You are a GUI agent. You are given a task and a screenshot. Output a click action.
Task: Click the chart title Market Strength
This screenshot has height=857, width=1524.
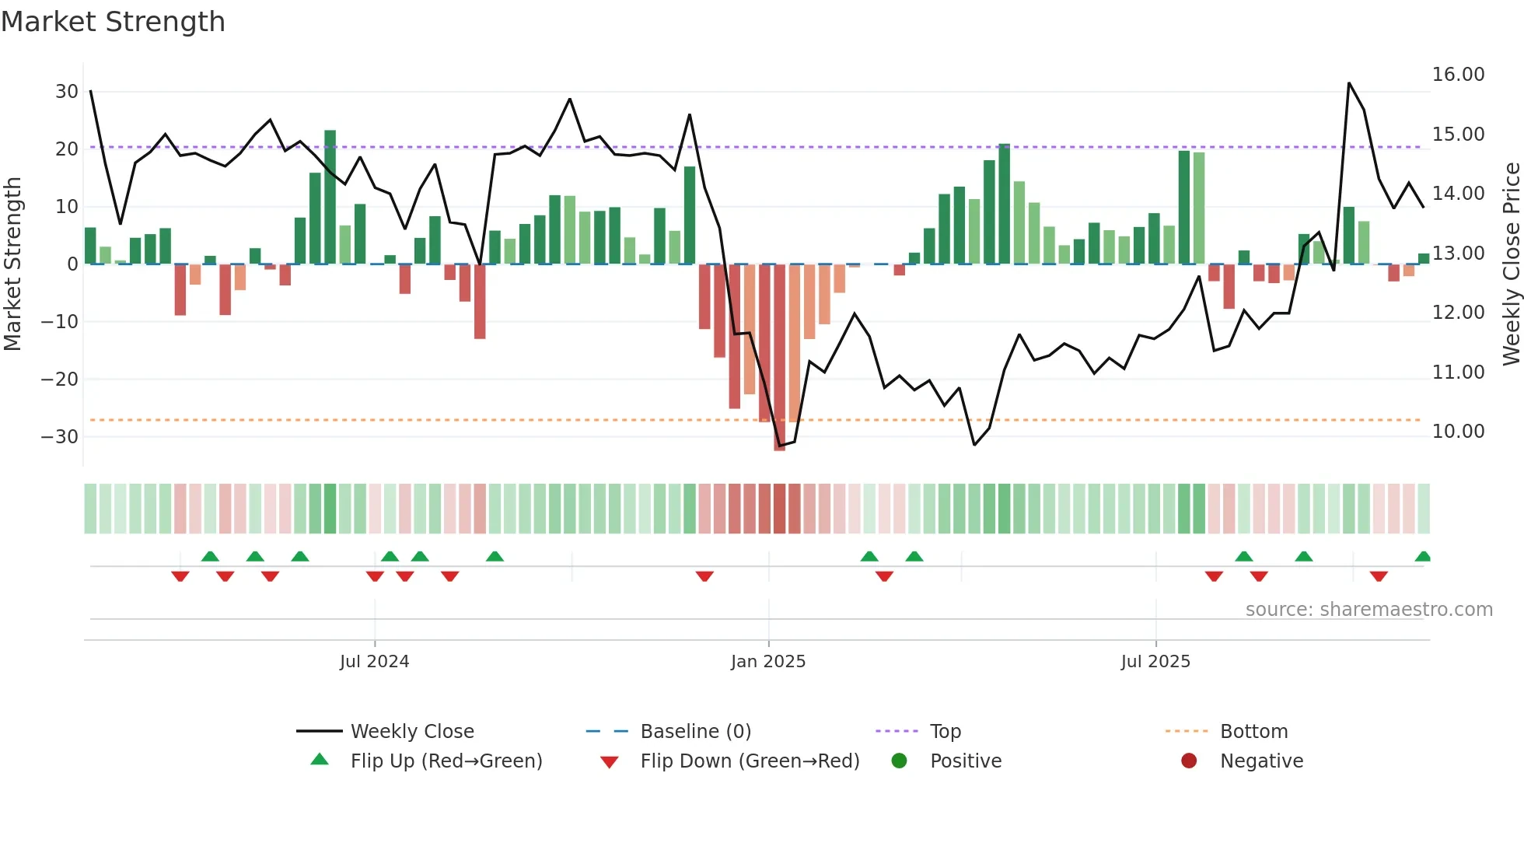pos(113,22)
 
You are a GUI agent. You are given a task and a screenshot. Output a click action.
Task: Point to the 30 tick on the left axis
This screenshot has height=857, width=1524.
pos(67,92)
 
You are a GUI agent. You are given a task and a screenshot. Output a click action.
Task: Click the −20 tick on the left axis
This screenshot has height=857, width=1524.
pos(60,380)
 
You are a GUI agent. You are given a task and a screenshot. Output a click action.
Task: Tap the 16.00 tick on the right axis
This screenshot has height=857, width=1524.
pos(1458,75)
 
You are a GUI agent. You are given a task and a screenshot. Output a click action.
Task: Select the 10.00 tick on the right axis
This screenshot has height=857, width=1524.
pos(1458,432)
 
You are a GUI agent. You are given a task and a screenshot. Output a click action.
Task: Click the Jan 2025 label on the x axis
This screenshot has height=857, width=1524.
pos(768,662)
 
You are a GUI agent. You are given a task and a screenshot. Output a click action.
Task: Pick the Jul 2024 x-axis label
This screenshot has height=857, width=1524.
pos(374,662)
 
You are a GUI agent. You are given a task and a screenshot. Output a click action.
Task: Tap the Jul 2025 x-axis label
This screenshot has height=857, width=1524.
pos(1155,662)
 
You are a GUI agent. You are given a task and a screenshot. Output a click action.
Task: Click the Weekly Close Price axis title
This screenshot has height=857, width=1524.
pos(1511,264)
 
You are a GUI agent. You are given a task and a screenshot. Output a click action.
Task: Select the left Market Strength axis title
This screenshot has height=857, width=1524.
pos(12,264)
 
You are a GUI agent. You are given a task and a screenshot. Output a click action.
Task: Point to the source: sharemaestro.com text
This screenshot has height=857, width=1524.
pos(1368,610)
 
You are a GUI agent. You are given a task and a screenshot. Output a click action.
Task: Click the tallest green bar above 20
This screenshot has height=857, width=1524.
pos(330,198)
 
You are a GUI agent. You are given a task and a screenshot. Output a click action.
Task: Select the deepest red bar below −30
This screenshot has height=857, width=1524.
pos(779,358)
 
